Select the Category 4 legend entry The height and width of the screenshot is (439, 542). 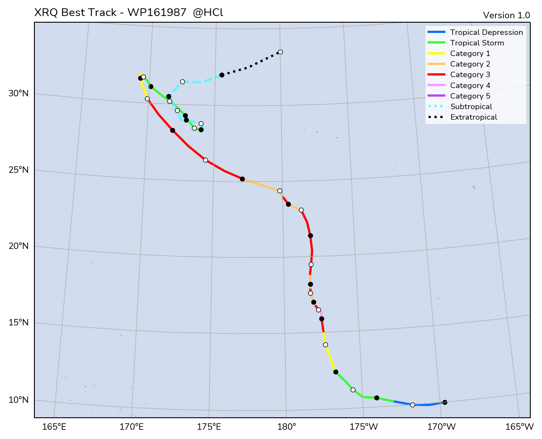(x=470, y=85)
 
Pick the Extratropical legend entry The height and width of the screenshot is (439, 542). (x=474, y=117)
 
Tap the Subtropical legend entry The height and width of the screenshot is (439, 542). (x=471, y=107)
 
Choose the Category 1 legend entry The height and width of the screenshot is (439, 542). (x=470, y=53)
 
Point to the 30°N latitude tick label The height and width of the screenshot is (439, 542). (x=19, y=93)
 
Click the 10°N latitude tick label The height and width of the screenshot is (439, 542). (x=19, y=400)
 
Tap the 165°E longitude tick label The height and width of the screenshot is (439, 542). (x=54, y=427)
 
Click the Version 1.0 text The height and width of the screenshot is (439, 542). (x=506, y=15)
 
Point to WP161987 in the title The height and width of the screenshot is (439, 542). (x=157, y=13)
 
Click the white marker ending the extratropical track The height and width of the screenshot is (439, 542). (x=280, y=52)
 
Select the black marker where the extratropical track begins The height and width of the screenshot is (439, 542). (x=222, y=75)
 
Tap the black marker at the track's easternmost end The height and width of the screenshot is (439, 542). (x=445, y=402)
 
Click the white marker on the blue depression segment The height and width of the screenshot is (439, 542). (x=412, y=405)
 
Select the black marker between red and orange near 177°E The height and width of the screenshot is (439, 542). (x=242, y=179)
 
